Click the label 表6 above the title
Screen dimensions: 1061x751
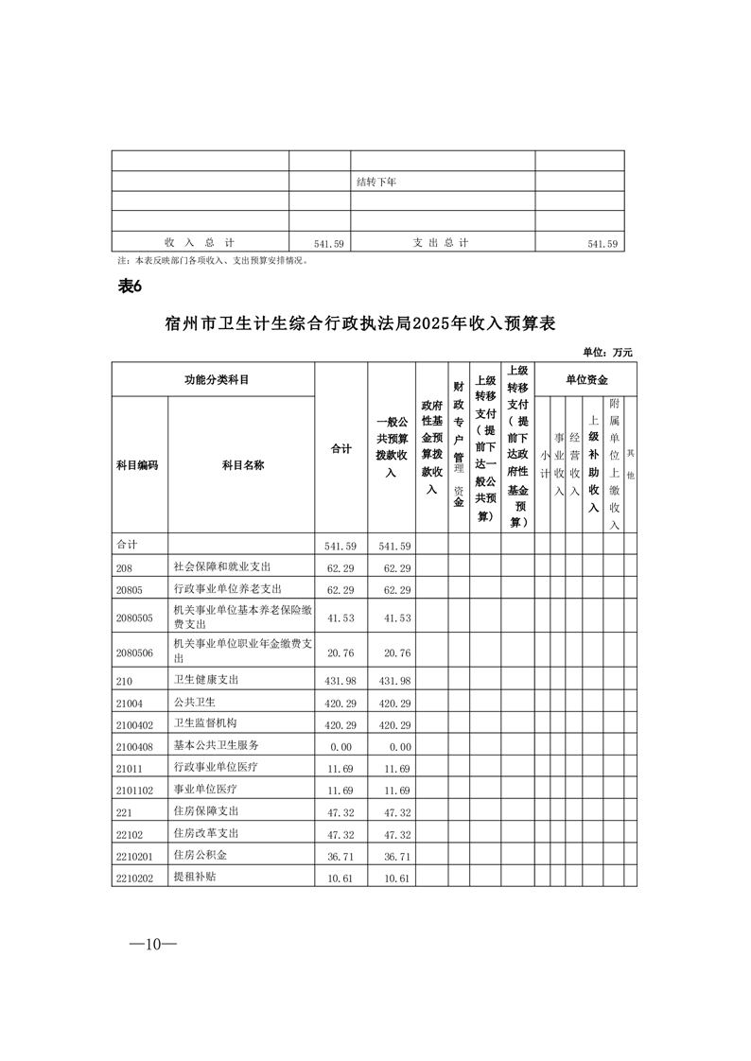coord(129,287)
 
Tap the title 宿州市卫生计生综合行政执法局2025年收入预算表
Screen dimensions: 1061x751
coord(359,323)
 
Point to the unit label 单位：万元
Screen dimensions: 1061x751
coord(607,353)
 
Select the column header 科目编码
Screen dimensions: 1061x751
coord(137,465)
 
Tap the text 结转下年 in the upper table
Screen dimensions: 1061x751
coord(375,182)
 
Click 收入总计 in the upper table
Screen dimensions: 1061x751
coord(199,243)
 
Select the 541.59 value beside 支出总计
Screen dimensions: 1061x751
coord(602,244)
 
